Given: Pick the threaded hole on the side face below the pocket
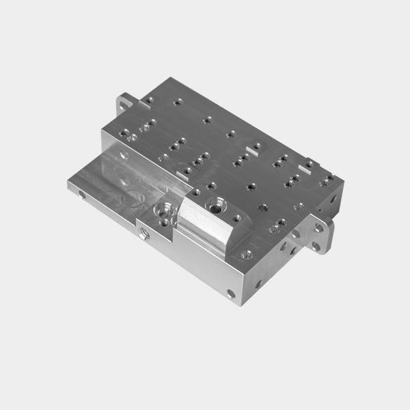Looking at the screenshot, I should click(144, 233).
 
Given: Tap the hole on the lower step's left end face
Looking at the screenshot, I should click(83, 195).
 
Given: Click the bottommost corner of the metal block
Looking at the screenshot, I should click(240, 305).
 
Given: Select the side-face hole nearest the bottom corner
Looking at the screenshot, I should click(231, 294).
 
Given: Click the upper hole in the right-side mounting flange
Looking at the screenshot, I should click(318, 228).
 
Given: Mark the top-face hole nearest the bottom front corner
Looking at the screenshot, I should click(247, 254).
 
